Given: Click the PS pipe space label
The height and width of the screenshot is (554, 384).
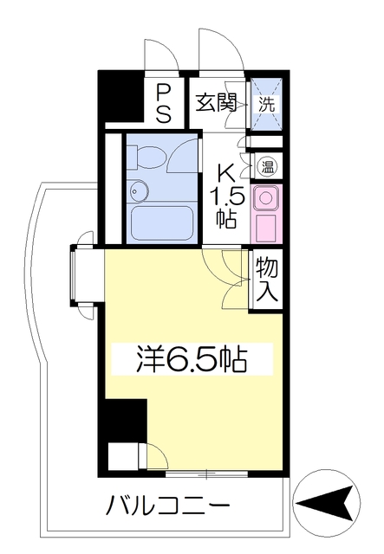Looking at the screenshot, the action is click(x=164, y=104).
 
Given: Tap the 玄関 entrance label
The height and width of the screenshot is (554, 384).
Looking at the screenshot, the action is click(x=216, y=102).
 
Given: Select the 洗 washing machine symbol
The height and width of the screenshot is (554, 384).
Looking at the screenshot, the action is click(x=266, y=105).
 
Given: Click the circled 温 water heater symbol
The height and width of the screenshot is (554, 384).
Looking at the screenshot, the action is click(x=268, y=166).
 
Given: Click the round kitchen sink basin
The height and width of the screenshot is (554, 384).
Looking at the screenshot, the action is click(x=266, y=198).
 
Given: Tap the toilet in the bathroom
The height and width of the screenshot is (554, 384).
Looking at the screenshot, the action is click(x=146, y=157).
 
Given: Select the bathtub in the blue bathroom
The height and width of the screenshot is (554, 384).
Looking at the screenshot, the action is click(x=162, y=223).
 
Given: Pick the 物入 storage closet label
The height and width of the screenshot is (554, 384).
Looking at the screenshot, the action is click(x=266, y=280).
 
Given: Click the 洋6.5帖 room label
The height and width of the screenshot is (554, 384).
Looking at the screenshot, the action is click(x=192, y=360).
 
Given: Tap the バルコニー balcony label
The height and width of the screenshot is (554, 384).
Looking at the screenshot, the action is click(x=168, y=505).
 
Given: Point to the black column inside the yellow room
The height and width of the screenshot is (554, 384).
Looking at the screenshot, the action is click(x=126, y=421).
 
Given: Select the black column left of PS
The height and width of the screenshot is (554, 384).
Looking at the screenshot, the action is click(x=120, y=96).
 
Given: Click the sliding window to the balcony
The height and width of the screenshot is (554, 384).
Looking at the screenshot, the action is click(x=206, y=474).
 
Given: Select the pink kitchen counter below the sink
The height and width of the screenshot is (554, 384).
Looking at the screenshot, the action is click(x=266, y=229).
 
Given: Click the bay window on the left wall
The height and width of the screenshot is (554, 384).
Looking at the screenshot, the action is click(x=74, y=275).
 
